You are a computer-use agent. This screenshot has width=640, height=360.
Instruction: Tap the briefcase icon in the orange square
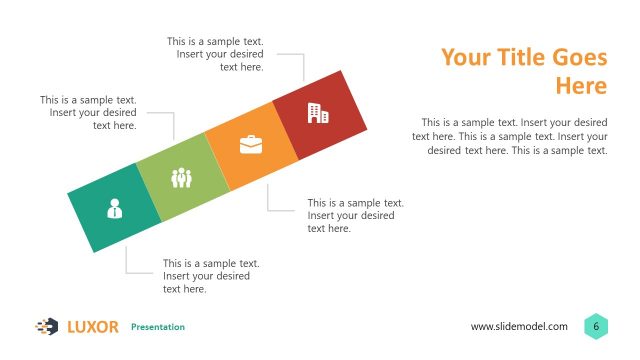tap(249, 145)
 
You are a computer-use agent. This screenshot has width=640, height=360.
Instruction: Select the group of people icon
tap(181, 178)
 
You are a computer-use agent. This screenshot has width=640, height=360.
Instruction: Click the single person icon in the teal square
tap(114, 208)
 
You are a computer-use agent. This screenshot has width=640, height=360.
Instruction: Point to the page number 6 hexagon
tap(596, 326)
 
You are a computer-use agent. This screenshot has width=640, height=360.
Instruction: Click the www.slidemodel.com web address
tap(519, 327)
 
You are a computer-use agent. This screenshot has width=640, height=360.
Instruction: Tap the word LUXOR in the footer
tap(93, 327)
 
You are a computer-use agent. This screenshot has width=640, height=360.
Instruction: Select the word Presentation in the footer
tap(158, 327)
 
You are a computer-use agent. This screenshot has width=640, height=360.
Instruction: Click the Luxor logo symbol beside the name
tap(47, 326)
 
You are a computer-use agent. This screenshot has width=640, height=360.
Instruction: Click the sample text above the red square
tap(221, 54)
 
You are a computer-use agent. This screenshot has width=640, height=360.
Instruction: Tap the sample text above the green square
tap(89, 113)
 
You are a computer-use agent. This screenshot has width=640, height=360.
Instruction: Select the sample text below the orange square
tap(355, 215)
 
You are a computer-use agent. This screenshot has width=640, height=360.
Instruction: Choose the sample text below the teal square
tap(211, 276)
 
